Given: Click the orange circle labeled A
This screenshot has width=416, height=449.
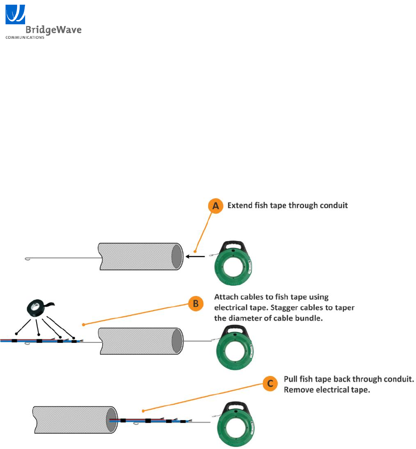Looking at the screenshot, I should (x=216, y=206).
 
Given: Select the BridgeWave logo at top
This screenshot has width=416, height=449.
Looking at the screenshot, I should (x=43, y=21).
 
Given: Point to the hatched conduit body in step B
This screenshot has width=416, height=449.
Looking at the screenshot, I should (x=136, y=340).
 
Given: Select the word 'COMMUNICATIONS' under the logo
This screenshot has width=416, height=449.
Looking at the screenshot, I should (x=25, y=37).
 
